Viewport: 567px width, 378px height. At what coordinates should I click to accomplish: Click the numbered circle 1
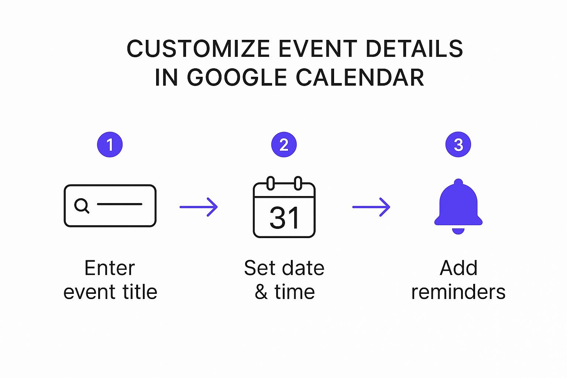pyautogui.click(x=110, y=145)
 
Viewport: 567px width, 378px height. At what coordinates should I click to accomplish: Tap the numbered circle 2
pyautogui.click(x=284, y=145)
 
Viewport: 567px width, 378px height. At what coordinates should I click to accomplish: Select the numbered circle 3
pyautogui.click(x=458, y=145)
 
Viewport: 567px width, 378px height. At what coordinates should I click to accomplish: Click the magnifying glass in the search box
pyautogui.click(x=82, y=205)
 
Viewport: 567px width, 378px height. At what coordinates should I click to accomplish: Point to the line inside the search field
pyautogui.click(x=120, y=204)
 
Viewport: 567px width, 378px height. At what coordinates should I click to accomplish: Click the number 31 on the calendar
pyautogui.click(x=284, y=218)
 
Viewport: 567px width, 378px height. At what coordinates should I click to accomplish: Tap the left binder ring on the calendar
pyautogui.click(x=271, y=183)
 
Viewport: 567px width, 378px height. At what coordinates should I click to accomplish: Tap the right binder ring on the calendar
pyautogui.click(x=298, y=183)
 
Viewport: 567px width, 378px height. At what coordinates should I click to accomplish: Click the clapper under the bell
pyautogui.click(x=458, y=231)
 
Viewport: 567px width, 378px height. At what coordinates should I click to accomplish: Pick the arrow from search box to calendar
pyautogui.click(x=199, y=207)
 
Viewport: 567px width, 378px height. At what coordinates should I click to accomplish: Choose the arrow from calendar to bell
pyautogui.click(x=371, y=207)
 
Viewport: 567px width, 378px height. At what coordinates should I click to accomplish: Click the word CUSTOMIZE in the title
pyautogui.click(x=198, y=49)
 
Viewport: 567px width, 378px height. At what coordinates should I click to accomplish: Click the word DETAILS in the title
pyautogui.click(x=414, y=49)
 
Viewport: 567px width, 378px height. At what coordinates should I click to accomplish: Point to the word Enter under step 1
pyautogui.click(x=110, y=268)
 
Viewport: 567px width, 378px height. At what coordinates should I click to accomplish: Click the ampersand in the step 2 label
pyautogui.click(x=261, y=292)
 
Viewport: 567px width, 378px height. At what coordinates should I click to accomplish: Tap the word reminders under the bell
pyautogui.click(x=458, y=292)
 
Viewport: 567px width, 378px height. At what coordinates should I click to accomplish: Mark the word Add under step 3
pyautogui.click(x=458, y=268)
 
